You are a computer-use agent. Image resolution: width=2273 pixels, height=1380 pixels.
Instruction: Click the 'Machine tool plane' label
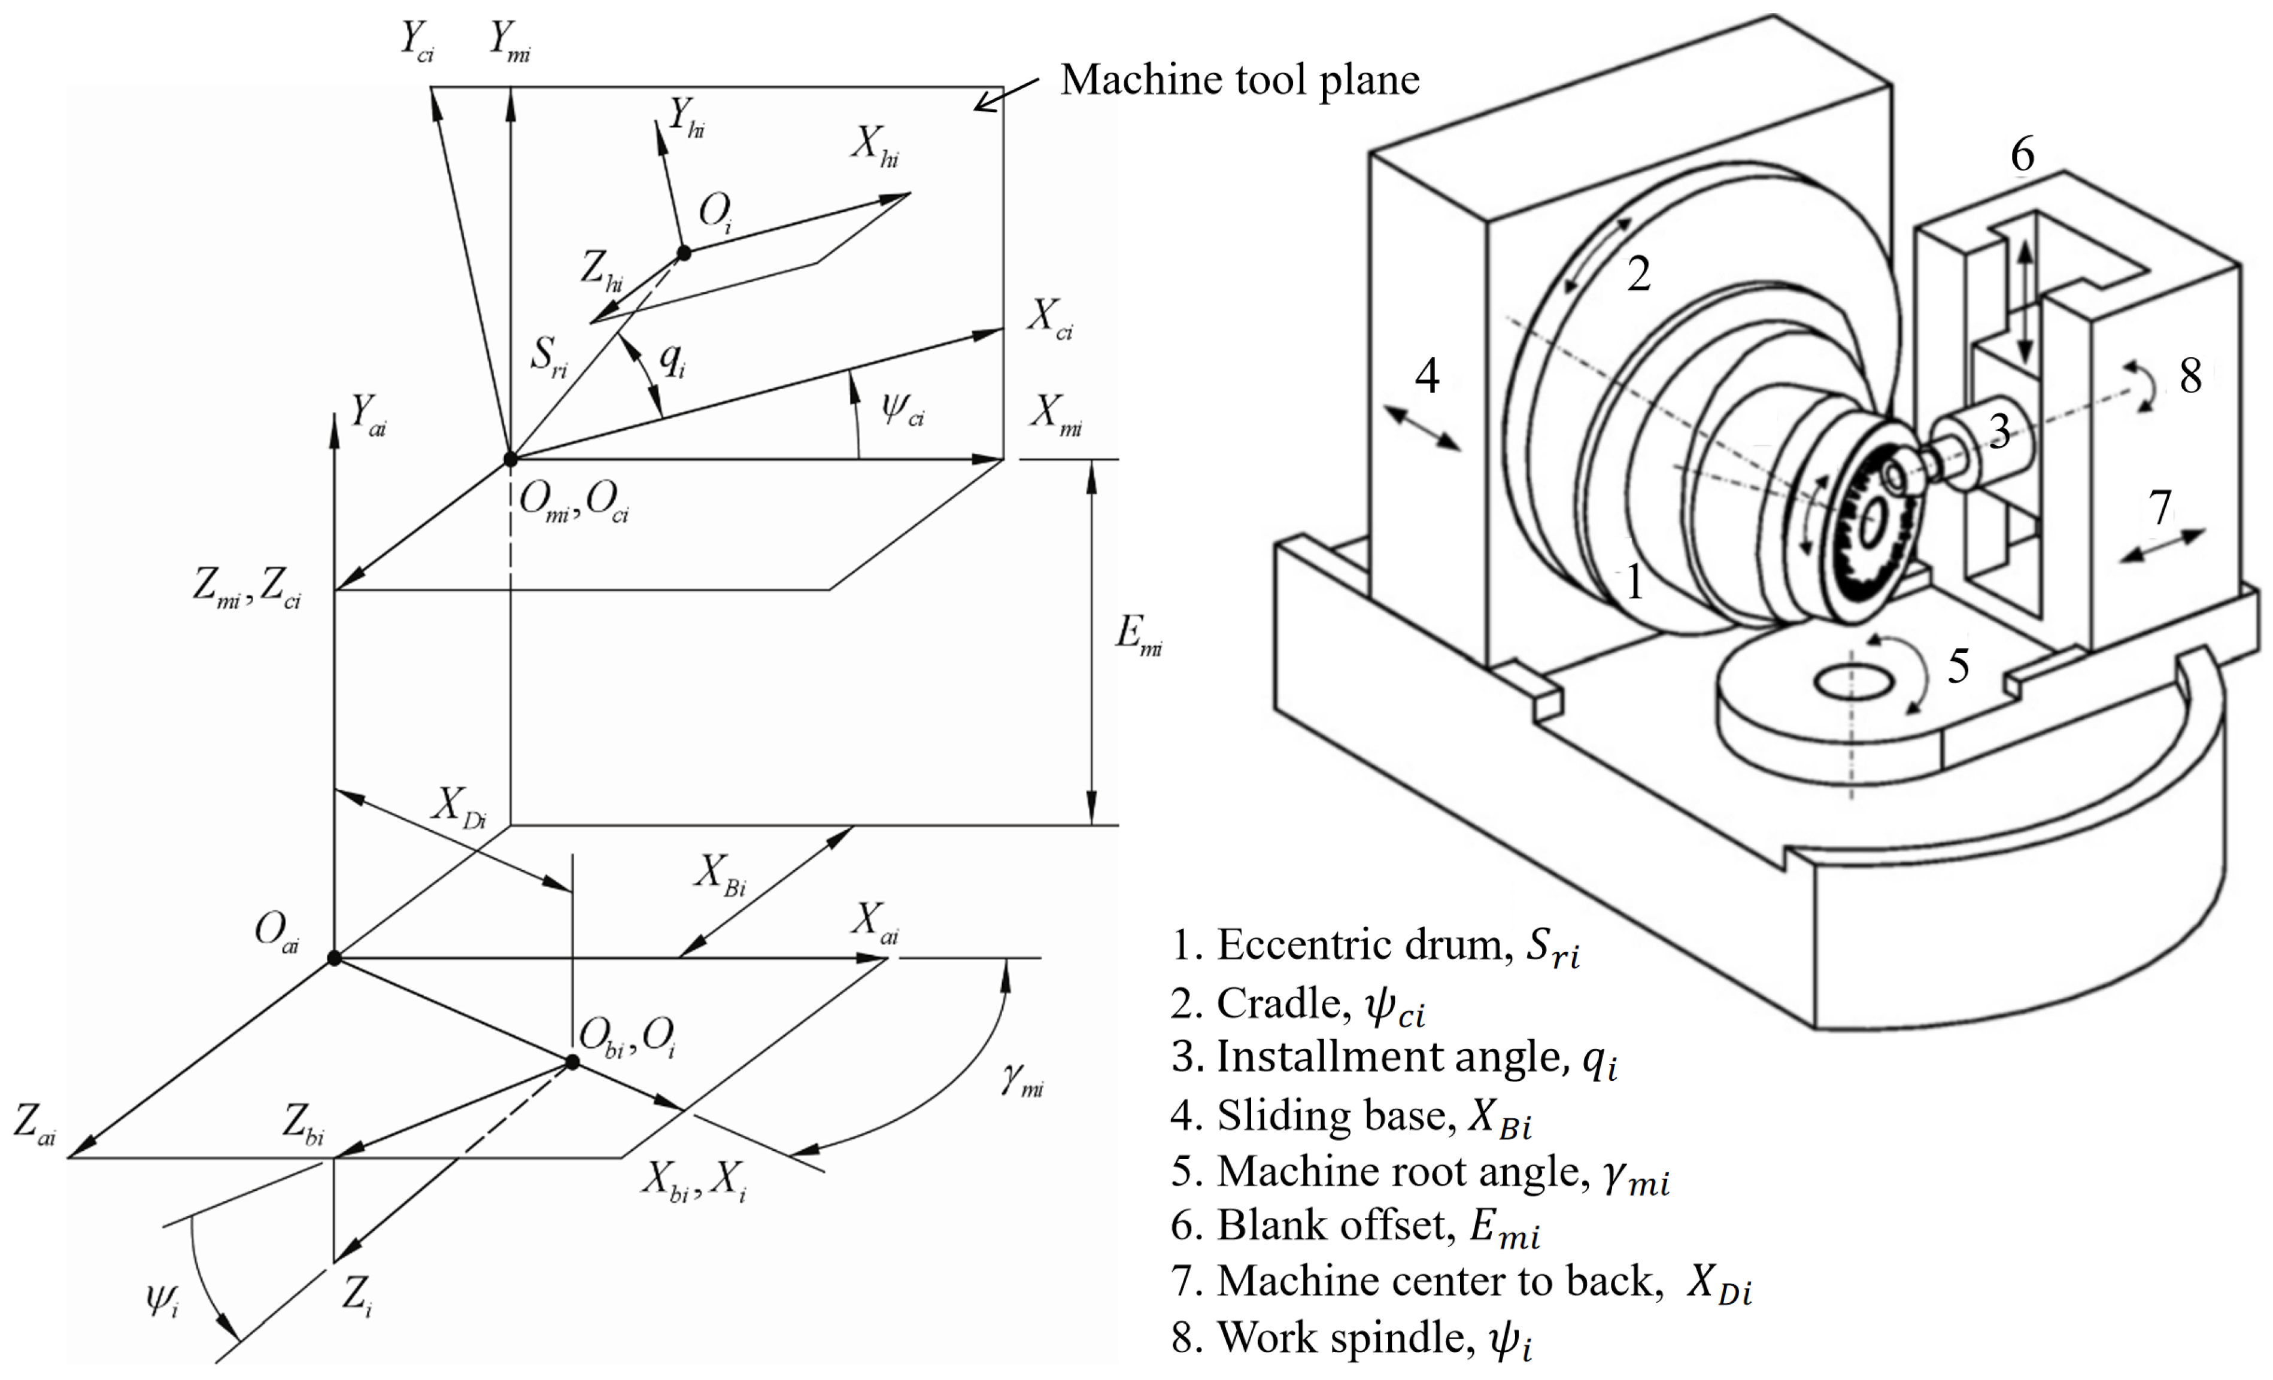tap(1239, 80)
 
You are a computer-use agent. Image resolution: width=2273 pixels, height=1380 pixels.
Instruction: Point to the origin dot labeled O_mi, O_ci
tap(510, 458)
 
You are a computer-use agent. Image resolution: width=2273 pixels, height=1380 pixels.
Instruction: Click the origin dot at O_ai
tap(334, 959)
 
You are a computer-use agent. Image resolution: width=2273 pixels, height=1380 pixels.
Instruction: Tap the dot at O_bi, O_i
tap(572, 1063)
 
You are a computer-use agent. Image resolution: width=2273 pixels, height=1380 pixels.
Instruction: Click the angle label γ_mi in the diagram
tap(1022, 1079)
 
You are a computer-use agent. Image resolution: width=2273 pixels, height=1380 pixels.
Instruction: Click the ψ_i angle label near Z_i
tap(162, 1300)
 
